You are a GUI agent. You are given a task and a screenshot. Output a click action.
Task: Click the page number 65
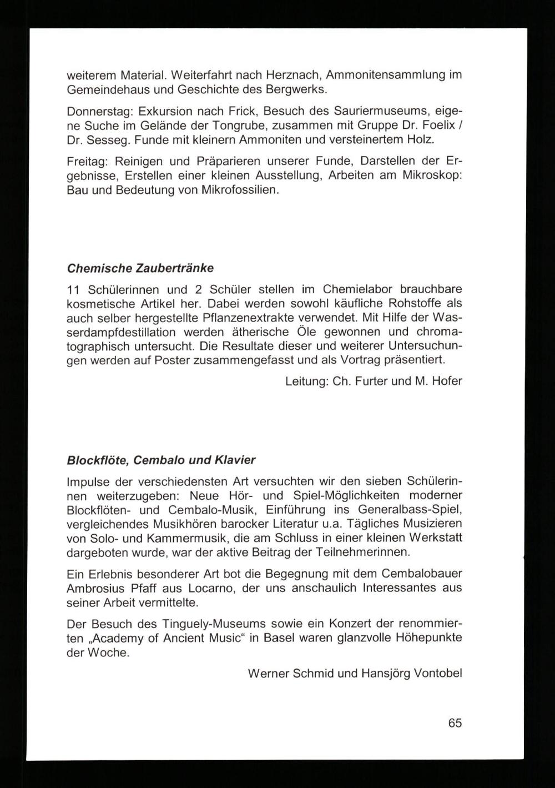(x=455, y=723)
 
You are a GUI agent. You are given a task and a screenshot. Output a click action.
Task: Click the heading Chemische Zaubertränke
(x=140, y=268)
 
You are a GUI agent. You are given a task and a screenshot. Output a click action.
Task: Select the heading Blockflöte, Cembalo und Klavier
(x=161, y=460)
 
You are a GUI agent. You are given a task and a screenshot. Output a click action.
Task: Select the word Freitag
(x=86, y=161)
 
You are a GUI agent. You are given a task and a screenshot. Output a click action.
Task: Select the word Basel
(x=279, y=638)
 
